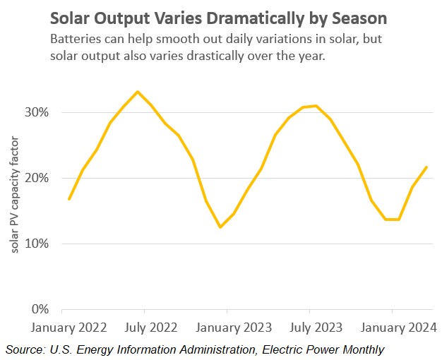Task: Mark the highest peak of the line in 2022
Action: pyautogui.click(x=138, y=92)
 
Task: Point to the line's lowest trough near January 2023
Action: pyautogui.click(x=220, y=227)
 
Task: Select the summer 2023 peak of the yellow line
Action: pyautogui.click(x=316, y=106)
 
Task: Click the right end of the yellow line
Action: pyautogui.click(x=426, y=167)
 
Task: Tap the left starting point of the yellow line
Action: pyautogui.click(x=68, y=199)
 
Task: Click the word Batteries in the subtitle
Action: pyautogui.click(x=74, y=40)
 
